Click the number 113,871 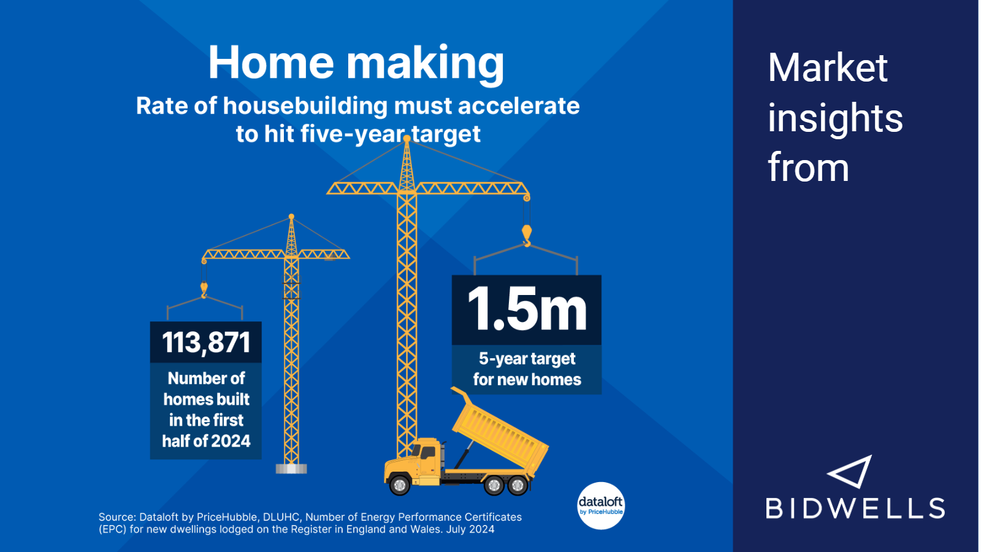(x=206, y=342)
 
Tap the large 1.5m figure (x=527, y=309)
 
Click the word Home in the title (x=270, y=62)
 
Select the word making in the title (x=426, y=64)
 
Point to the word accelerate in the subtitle (x=519, y=106)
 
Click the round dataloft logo (x=601, y=506)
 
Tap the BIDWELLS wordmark (x=855, y=508)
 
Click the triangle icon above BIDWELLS (x=850, y=472)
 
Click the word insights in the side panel (x=835, y=118)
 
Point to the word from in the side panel (x=809, y=168)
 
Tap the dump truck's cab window (x=427, y=453)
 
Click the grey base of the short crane (x=291, y=469)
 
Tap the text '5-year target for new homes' (x=527, y=369)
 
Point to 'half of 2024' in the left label (x=206, y=441)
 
